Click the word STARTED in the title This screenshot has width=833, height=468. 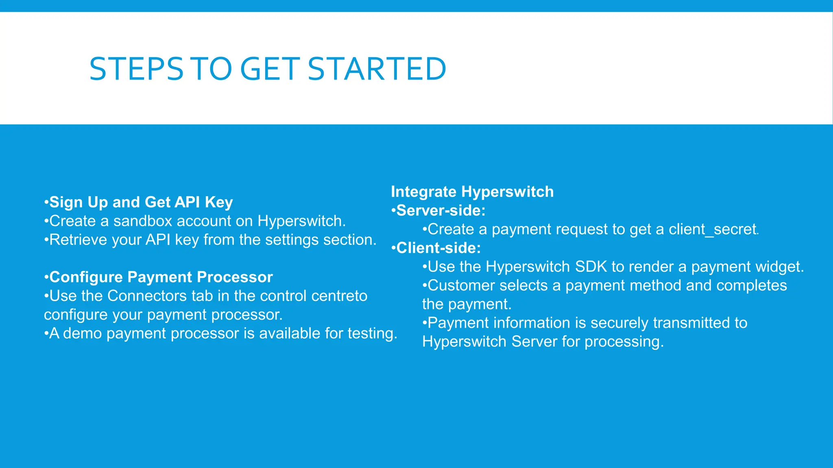pos(377,69)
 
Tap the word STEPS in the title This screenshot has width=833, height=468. pos(136,69)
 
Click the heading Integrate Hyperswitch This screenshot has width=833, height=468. pos(472,192)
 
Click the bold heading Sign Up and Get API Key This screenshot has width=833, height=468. pos(141,202)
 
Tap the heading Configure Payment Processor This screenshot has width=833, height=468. pos(161,277)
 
